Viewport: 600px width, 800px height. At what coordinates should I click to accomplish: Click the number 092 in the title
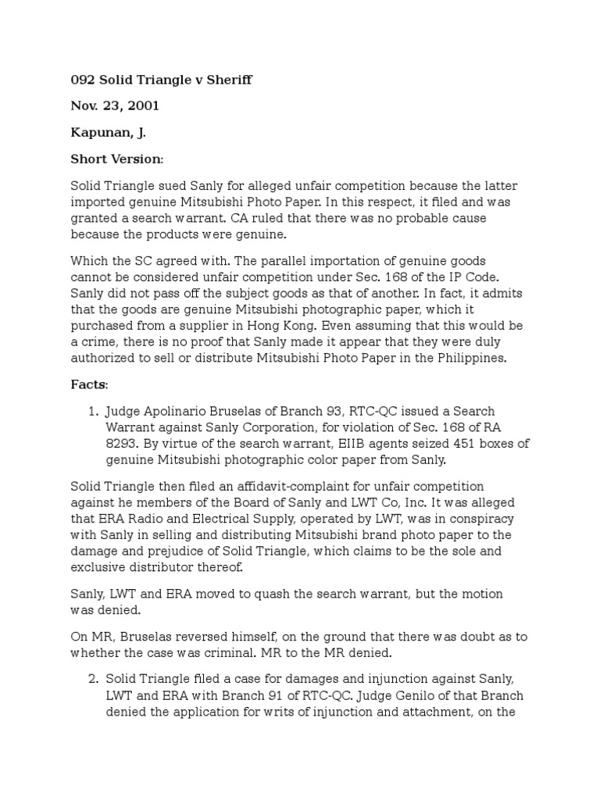click(x=83, y=80)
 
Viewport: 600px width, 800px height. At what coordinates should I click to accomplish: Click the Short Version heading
click(x=117, y=159)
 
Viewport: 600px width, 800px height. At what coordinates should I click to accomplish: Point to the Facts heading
click(x=90, y=385)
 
